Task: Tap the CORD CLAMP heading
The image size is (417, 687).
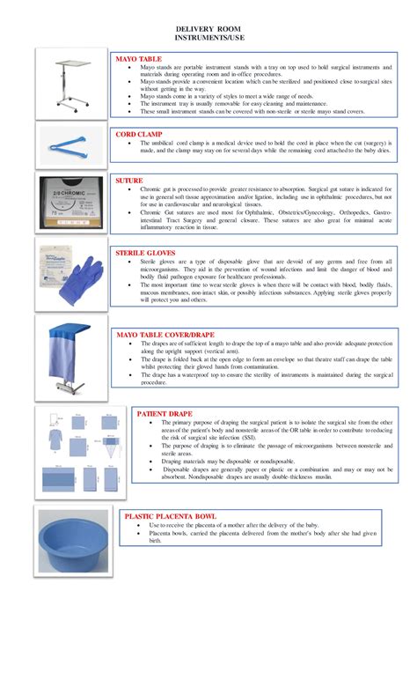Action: (x=138, y=135)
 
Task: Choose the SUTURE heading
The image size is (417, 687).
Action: (x=130, y=180)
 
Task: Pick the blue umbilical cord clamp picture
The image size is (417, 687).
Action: (x=70, y=143)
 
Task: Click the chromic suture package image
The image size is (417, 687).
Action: (x=70, y=202)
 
